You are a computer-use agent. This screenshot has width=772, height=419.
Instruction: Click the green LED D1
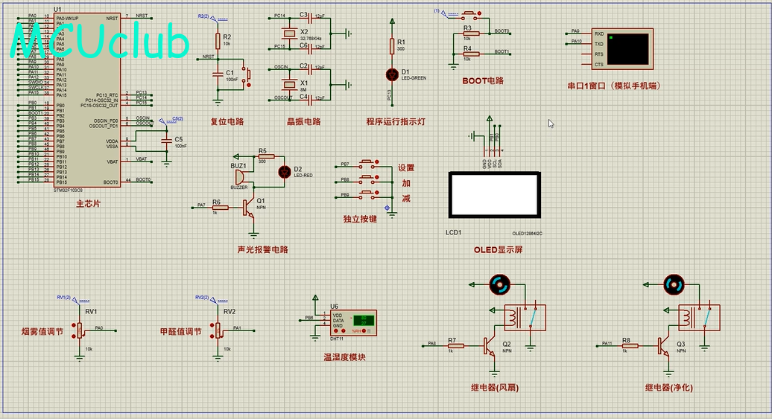pos(392,74)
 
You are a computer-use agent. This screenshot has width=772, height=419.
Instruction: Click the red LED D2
pos(284,172)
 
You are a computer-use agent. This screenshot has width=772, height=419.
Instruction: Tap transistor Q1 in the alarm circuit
pos(249,208)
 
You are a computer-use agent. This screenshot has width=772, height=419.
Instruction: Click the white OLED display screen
pos(493,194)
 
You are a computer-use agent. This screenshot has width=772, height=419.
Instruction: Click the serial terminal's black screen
pos(627,48)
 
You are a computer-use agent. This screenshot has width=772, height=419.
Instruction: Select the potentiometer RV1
pos(80,329)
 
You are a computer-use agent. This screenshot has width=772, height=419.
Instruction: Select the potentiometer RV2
pos(218,329)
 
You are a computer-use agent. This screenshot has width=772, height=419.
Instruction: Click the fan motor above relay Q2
pos(499,284)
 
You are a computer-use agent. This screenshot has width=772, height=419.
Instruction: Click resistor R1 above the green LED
pos(392,46)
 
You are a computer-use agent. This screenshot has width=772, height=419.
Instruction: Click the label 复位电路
pos(227,121)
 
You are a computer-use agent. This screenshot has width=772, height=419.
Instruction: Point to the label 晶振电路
pos(303,121)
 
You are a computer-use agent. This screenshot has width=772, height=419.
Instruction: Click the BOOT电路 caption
pos(483,80)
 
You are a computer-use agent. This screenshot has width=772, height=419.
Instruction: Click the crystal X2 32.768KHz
pos(287,34)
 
